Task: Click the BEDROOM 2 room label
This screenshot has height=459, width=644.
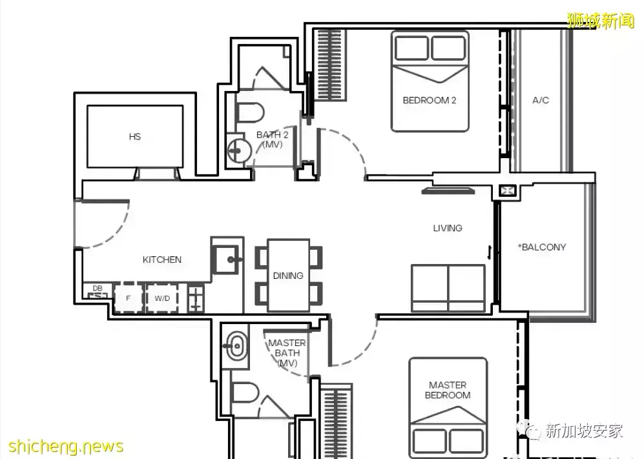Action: pyautogui.click(x=429, y=100)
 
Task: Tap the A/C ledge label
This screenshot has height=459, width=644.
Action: pyautogui.click(x=541, y=100)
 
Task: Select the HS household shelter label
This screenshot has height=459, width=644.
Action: pyautogui.click(x=135, y=136)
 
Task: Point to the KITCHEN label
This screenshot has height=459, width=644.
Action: pyautogui.click(x=162, y=260)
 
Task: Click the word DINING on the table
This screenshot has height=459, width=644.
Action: pyautogui.click(x=288, y=276)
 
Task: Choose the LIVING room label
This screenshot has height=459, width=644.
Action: pyautogui.click(x=448, y=228)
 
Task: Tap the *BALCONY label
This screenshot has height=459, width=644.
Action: pyautogui.click(x=542, y=247)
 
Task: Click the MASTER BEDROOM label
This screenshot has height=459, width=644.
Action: pyautogui.click(x=448, y=390)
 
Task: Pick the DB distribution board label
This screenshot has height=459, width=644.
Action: pyautogui.click(x=98, y=288)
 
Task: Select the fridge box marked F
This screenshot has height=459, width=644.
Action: pyautogui.click(x=128, y=298)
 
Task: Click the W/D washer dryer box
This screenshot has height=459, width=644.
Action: pyautogui.click(x=162, y=298)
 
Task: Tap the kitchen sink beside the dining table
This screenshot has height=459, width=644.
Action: pyautogui.click(x=225, y=260)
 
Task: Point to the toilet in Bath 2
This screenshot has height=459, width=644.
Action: pyautogui.click(x=249, y=112)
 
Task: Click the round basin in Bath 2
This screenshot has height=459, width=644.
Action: pyautogui.click(x=238, y=150)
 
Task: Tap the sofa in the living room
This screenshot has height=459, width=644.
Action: pyautogui.click(x=448, y=288)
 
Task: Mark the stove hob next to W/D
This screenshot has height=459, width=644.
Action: pyautogui.click(x=196, y=298)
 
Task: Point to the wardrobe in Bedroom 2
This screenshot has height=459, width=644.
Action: pyautogui.click(x=330, y=65)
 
